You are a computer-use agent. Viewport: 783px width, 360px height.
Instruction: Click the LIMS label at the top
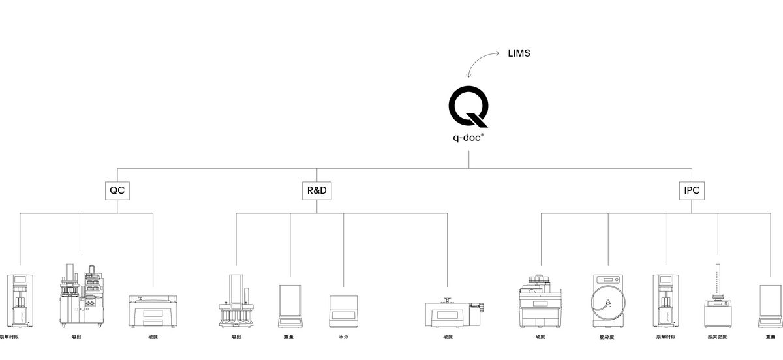coord(519,53)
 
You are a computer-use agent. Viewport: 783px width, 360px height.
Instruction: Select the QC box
coord(117,191)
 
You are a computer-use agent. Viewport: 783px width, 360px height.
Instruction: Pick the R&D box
coord(316,191)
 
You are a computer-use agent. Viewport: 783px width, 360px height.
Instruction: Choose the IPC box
coord(692,191)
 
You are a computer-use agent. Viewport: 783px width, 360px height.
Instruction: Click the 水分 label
coord(344,337)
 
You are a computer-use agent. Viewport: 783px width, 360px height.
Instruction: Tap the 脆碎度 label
coord(607,337)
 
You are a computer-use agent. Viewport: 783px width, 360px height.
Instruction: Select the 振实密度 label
coord(717,337)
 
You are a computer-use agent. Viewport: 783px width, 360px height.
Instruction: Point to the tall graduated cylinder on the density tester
coord(718,280)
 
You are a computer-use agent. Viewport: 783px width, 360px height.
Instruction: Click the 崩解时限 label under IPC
coord(666,337)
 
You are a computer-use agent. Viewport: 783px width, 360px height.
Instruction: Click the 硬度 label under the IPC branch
coord(540,337)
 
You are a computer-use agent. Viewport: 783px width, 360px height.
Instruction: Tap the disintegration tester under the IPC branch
coord(666,301)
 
